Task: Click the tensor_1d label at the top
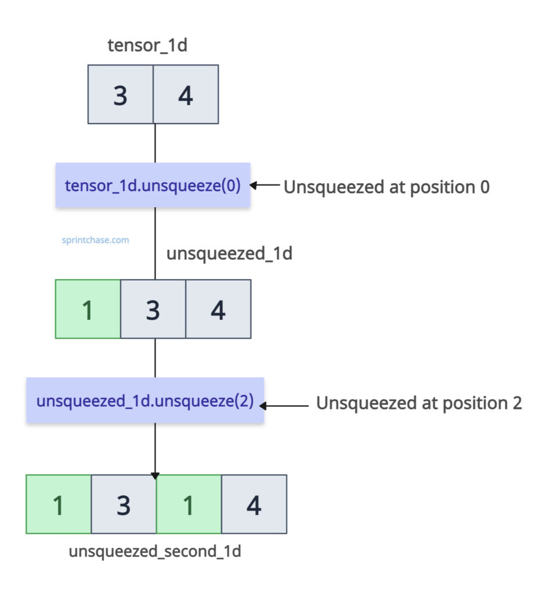pyautogui.click(x=147, y=46)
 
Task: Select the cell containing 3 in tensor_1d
pyautogui.click(x=121, y=95)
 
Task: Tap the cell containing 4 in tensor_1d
pyautogui.click(x=186, y=95)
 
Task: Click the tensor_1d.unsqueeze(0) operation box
pyautogui.click(x=153, y=186)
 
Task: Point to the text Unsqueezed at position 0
pyautogui.click(x=386, y=187)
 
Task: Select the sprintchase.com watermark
pyautogui.click(x=95, y=239)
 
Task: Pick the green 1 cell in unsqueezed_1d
pyautogui.click(x=88, y=309)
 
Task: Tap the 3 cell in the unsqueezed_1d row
pyautogui.click(x=153, y=309)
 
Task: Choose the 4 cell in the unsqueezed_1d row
pyautogui.click(x=218, y=309)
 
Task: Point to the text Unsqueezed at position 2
pyautogui.click(x=419, y=403)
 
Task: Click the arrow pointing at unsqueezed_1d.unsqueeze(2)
pyautogui.click(x=287, y=406)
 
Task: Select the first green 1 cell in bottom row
pyautogui.click(x=59, y=505)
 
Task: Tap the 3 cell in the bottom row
pyautogui.click(x=124, y=505)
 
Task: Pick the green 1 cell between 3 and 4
pyautogui.click(x=189, y=505)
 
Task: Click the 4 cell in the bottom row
pyautogui.click(x=254, y=505)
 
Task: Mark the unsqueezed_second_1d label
pyautogui.click(x=155, y=552)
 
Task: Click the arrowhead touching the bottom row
pyautogui.click(x=155, y=476)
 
